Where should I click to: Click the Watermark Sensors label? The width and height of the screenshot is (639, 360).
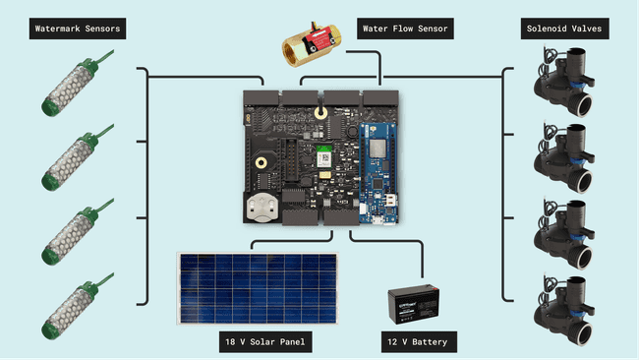78,29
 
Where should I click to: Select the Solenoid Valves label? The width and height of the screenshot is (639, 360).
561,29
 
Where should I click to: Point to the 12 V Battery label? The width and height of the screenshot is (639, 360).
419,342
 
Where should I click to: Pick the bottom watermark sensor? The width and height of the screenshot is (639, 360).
67,308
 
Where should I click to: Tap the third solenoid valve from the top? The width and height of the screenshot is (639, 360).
561,233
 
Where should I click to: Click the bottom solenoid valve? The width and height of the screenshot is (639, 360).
561,308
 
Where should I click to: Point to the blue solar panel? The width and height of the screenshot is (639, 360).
258,288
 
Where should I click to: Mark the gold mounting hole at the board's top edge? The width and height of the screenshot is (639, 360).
320,110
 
